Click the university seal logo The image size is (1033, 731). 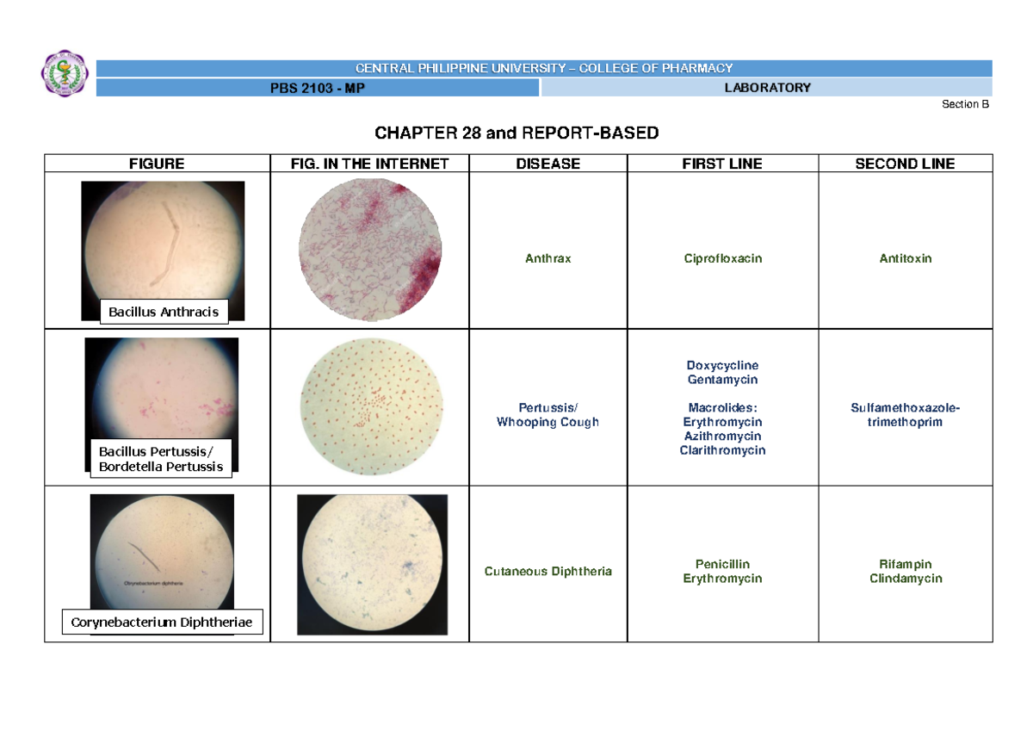65,74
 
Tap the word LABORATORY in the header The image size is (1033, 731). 766,88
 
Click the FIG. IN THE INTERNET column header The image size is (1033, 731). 370,164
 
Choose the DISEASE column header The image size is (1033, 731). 548,164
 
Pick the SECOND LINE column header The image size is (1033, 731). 905,164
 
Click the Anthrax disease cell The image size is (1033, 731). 548,258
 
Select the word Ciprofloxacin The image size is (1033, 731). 722,258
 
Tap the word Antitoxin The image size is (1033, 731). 905,258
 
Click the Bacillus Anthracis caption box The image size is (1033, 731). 164,312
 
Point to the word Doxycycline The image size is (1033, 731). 722,366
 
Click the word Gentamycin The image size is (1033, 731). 722,380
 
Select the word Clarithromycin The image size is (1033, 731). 722,450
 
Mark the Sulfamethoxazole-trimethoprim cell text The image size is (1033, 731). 905,415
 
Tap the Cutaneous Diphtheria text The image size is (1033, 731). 548,571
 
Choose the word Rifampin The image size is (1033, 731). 905,565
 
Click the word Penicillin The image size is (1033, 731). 722,565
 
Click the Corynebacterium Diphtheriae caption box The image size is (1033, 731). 162,622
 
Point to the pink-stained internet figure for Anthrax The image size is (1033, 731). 370,251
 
